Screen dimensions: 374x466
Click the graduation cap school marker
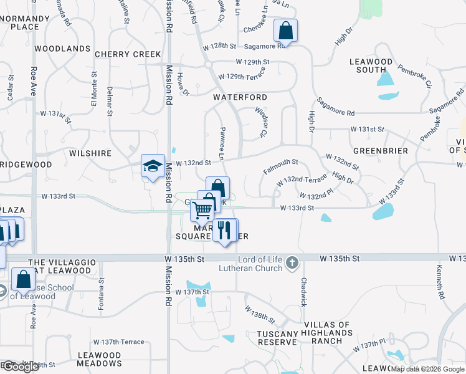point(153,166)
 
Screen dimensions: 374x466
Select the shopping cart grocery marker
point(202,211)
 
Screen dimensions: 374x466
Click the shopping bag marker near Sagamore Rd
point(285,31)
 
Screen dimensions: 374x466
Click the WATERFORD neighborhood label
point(240,97)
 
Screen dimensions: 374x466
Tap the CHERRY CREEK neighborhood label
point(128,54)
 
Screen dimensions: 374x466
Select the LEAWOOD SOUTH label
point(371,66)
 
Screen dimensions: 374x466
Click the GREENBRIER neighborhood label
point(380,151)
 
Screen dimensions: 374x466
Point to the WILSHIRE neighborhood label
point(90,153)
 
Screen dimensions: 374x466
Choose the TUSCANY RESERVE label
point(277,338)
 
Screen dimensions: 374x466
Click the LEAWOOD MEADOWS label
point(100,359)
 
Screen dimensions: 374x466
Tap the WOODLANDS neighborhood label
point(62,48)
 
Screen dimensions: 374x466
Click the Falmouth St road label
point(281,166)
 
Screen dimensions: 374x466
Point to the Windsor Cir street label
point(261,122)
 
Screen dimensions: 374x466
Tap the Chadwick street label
point(304,292)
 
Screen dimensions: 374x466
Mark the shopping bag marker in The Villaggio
point(23,281)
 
